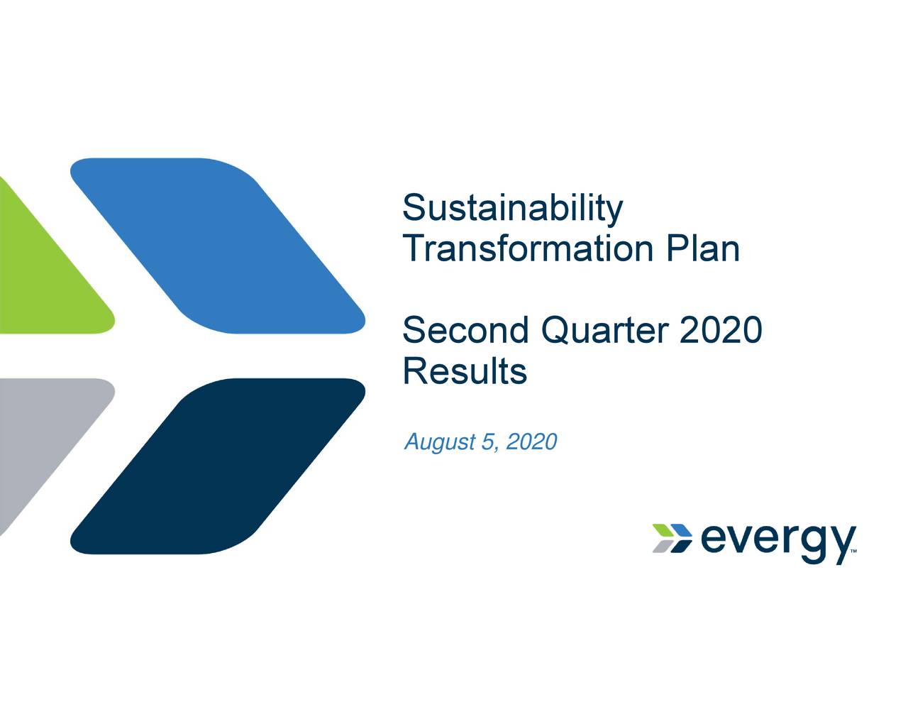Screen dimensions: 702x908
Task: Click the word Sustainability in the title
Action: (x=512, y=209)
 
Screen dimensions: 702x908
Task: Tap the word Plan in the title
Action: (x=702, y=249)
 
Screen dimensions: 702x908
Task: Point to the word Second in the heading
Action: (x=465, y=331)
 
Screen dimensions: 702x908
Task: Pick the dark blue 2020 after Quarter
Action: (x=720, y=331)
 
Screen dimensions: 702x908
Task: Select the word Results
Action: (x=465, y=371)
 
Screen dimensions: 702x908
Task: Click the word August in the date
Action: (x=439, y=443)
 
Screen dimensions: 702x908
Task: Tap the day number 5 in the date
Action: (x=487, y=442)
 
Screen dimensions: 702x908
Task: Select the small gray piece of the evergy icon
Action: (x=661, y=546)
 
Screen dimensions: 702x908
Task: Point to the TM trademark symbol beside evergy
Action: (x=853, y=551)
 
